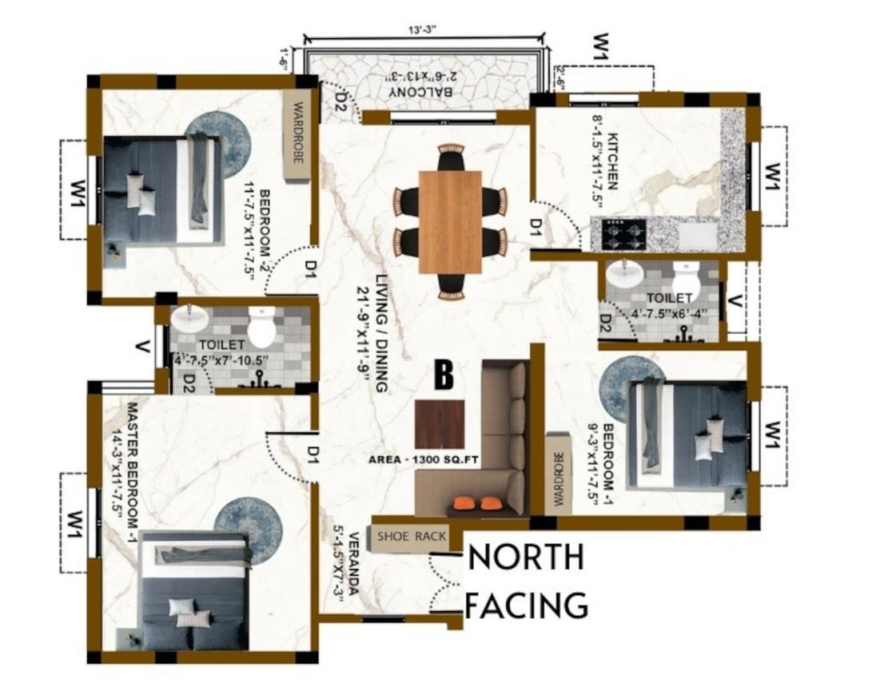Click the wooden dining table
(x=450, y=221)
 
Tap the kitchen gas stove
(x=618, y=234)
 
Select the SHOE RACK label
(x=411, y=537)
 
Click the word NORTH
(x=525, y=558)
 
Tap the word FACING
(x=527, y=606)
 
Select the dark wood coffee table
(x=440, y=424)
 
